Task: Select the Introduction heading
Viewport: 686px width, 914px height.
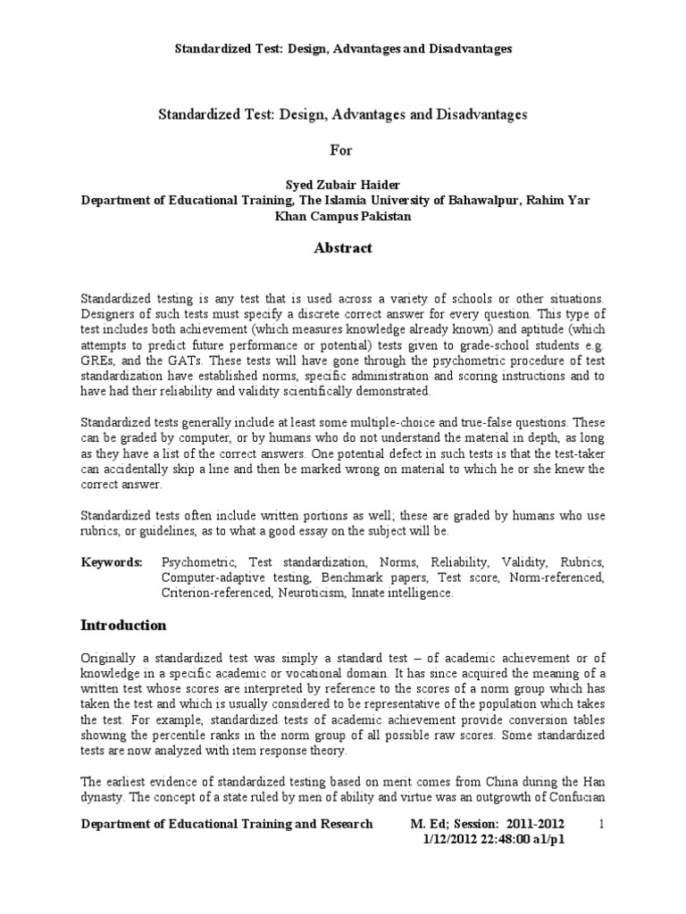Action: (123, 624)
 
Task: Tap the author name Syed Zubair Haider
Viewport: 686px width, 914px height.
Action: (342, 185)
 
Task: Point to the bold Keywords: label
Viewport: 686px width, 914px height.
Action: (112, 563)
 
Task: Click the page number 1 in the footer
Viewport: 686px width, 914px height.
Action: (601, 824)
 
